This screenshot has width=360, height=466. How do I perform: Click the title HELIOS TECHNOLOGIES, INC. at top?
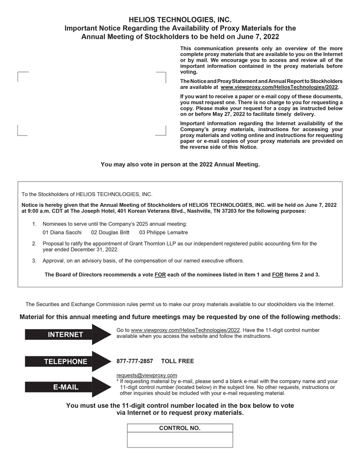click(x=180, y=20)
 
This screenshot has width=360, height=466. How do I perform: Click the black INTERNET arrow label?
click(x=65, y=334)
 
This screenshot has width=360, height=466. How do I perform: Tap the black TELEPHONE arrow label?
click(x=65, y=361)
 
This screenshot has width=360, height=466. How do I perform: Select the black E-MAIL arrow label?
click(x=65, y=387)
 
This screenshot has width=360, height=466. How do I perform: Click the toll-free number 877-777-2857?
click(x=135, y=361)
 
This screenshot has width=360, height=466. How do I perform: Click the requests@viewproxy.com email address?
click(x=147, y=375)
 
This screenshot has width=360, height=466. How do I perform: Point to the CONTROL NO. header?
click(x=180, y=428)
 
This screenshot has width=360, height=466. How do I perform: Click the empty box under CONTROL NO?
click(x=180, y=440)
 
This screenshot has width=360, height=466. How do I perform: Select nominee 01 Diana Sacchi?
click(x=62, y=233)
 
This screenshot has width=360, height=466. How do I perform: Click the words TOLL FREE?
click(x=177, y=361)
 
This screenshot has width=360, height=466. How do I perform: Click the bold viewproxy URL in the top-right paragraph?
click(x=279, y=87)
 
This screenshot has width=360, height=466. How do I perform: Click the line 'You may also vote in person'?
click(x=180, y=165)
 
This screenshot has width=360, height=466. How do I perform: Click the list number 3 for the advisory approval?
click(x=34, y=261)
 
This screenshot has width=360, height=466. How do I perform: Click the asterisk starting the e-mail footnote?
click(x=118, y=382)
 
